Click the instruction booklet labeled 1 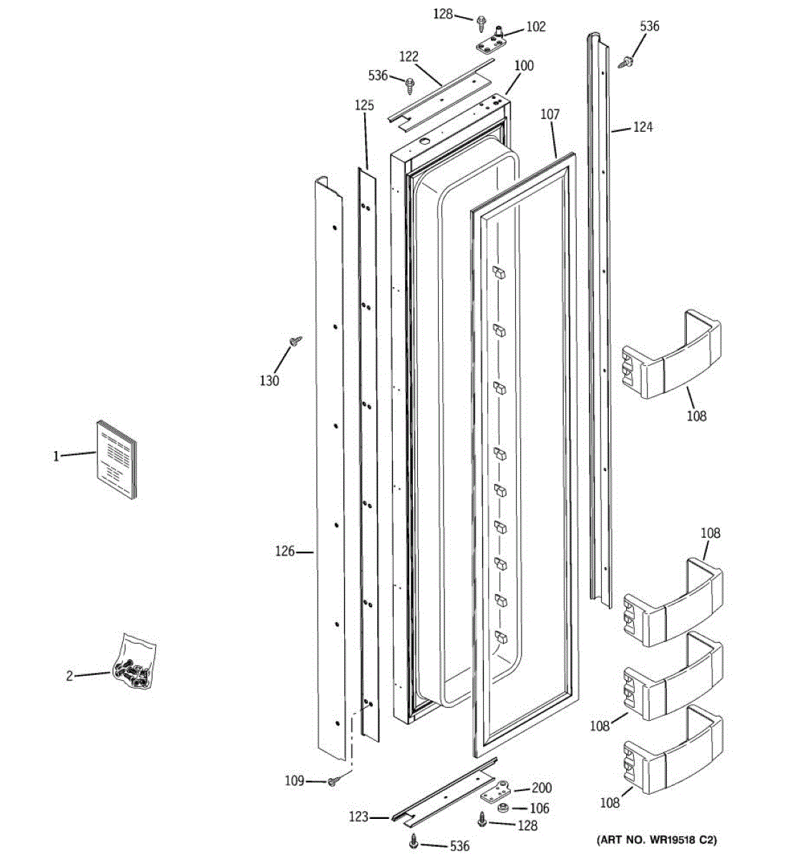click(x=116, y=458)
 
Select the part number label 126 click(x=285, y=551)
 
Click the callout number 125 click(x=364, y=105)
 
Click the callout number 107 click(x=550, y=114)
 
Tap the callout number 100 click(x=524, y=66)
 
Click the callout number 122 click(x=409, y=57)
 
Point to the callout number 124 click(x=643, y=127)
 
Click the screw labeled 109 click(x=333, y=782)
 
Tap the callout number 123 click(x=358, y=817)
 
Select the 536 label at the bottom click(x=459, y=846)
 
